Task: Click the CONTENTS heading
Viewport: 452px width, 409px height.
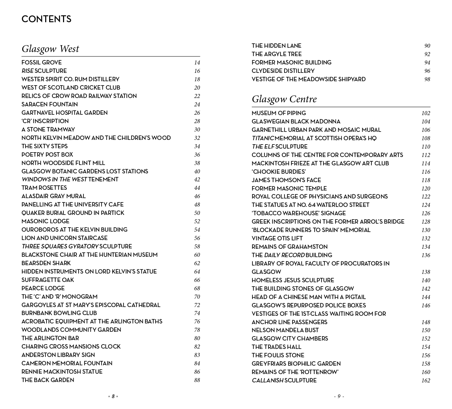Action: (x=46, y=19)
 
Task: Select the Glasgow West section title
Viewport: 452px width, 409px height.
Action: (x=50, y=49)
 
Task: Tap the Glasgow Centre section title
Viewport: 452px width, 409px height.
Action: (x=284, y=99)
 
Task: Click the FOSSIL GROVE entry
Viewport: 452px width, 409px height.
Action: (x=42, y=63)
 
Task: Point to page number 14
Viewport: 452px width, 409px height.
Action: (x=197, y=63)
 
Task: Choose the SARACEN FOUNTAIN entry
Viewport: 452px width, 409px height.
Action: (x=50, y=105)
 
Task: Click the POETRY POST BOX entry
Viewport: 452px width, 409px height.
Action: (x=47, y=155)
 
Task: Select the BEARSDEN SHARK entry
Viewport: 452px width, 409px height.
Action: (x=46, y=263)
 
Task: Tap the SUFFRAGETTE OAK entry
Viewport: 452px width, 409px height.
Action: (x=48, y=280)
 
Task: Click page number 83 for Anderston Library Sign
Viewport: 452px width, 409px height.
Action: (x=197, y=355)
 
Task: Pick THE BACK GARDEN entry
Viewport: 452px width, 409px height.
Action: (x=48, y=380)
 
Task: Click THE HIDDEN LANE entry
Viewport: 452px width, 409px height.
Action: (x=276, y=46)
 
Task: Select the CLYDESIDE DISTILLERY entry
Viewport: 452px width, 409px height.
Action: (x=283, y=71)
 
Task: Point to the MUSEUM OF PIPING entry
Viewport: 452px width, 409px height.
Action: (x=279, y=113)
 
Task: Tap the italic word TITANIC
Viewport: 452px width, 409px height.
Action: (x=263, y=138)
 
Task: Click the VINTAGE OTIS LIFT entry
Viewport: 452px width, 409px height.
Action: (x=277, y=239)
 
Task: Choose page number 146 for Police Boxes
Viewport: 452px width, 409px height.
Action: (x=426, y=306)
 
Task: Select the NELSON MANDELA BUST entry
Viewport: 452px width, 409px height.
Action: (x=285, y=330)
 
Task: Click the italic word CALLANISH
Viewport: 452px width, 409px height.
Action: (x=267, y=381)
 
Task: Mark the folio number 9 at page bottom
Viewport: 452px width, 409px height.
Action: (x=339, y=397)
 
